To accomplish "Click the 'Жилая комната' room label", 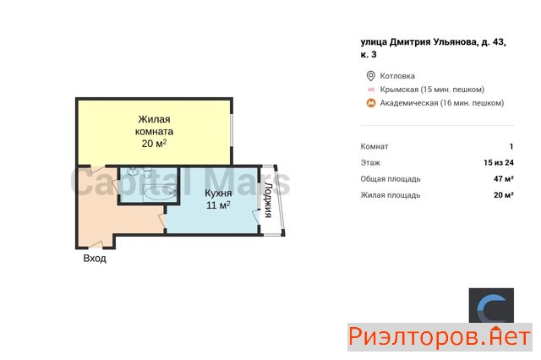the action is [x=154, y=125].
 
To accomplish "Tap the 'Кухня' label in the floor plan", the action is [x=218, y=193].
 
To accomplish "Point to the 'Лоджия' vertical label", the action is [x=268, y=199].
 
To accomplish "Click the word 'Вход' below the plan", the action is [x=95, y=259].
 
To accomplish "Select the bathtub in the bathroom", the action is [x=160, y=193].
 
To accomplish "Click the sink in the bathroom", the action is [x=132, y=172].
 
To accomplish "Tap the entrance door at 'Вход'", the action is [x=96, y=245].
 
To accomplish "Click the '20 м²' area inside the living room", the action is [x=154, y=143].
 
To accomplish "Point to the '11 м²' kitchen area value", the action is [x=218, y=205].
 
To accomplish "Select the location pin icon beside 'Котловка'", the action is [x=370, y=76].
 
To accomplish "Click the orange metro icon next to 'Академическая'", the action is [x=371, y=103].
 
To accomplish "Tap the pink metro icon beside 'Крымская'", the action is [x=371, y=90].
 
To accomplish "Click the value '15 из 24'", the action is [x=499, y=163].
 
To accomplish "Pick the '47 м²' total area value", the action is [x=504, y=178].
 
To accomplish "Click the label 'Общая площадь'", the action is [x=391, y=179].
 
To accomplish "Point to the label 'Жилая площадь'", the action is [x=391, y=195].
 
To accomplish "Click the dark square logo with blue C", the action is [x=491, y=306].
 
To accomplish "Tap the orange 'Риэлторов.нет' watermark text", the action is [x=440, y=337].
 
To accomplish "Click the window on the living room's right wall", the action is [x=232, y=130].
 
